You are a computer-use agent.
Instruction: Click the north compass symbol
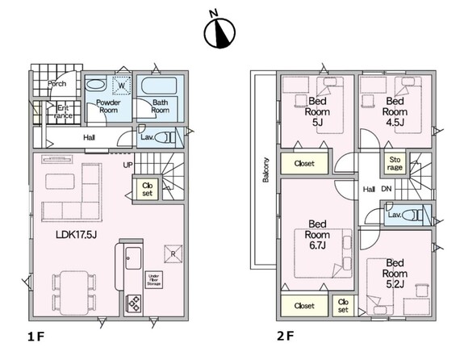[x=219, y=32]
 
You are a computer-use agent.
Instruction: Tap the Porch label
[x=56, y=84]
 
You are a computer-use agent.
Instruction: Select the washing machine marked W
[x=121, y=86]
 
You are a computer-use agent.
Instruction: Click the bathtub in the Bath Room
[x=159, y=86]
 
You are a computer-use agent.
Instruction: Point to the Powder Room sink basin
[x=95, y=85]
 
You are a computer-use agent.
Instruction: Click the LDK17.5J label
[x=77, y=235]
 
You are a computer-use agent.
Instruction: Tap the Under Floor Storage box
[x=154, y=280]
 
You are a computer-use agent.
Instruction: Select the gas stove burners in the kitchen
[x=133, y=303]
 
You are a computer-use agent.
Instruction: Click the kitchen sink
[x=133, y=258]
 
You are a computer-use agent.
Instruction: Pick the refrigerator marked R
[x=173, y=253]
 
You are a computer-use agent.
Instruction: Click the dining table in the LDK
[x=74, y=293]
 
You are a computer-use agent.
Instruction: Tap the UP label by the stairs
[x=127, y=165]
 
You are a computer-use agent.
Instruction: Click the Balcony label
[x=265, y=170]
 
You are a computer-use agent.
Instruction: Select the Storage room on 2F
[x=395, y=163]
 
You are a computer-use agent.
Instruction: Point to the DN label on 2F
[x=387, y=189]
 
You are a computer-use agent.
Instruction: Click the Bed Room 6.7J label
[x=317, y=234]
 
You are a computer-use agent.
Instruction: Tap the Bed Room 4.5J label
[x=395, y=111]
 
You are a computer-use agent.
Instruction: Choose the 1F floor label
[x=36, y=337]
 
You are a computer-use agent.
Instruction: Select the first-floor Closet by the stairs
[x=147, y=189]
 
